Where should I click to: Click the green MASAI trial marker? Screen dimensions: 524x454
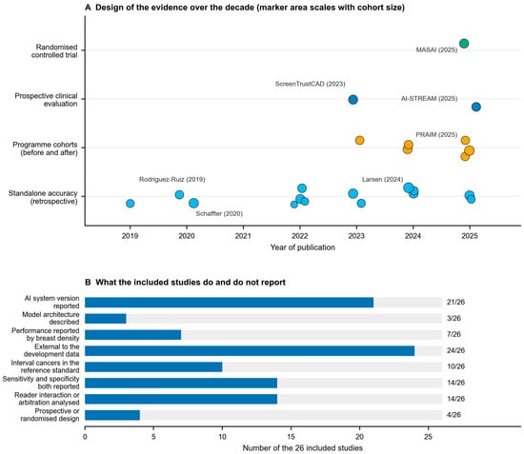[x=464, y=44]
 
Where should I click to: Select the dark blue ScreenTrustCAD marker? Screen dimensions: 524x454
[x=353, y=100]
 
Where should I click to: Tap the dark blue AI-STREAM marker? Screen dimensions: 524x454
[x=476, y=107]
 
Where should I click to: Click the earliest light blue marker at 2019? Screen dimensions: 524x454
[x=131, y=204]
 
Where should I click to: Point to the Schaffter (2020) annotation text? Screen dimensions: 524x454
[x=219, y=213]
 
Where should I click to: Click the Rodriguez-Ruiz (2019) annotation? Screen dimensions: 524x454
[x=172, y=179]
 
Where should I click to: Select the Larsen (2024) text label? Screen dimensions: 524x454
[x=383, y=179]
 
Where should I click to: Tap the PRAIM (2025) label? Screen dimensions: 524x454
[x=436, y=134]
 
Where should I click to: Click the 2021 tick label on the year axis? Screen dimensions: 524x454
[x=243, y=236]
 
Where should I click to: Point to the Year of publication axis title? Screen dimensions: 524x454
[x=302, y=247]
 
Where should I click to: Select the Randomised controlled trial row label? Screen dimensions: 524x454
[x=54, y=51]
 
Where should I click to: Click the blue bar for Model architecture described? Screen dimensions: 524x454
[x=106, y=319]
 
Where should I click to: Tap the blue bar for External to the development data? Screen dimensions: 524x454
[x=250, y=351]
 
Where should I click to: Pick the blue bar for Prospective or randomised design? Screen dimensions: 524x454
[x=112, y=415]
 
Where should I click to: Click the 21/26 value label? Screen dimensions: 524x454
[x=455, y=302]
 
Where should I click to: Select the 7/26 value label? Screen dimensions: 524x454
[x=453, y=334]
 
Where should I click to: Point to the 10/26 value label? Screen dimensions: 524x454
[x=455, y=366]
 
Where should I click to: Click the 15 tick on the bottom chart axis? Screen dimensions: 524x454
[x=291, y=437]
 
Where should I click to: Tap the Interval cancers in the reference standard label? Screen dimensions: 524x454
[x=45, y=366]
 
